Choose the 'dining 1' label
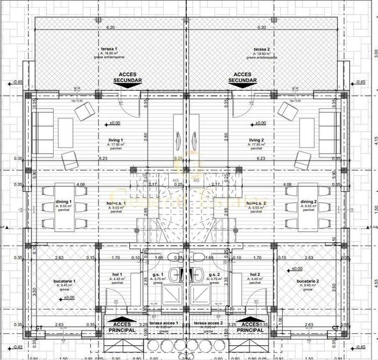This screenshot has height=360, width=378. pos(64,202)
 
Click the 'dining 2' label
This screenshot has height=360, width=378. pos(310,202)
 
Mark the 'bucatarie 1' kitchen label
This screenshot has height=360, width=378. pos(65,282)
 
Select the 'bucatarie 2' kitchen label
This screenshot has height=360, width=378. pos(308,282)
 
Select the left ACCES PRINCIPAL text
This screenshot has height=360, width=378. pos(122,327)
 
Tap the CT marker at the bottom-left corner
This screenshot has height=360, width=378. pos(39,328)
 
